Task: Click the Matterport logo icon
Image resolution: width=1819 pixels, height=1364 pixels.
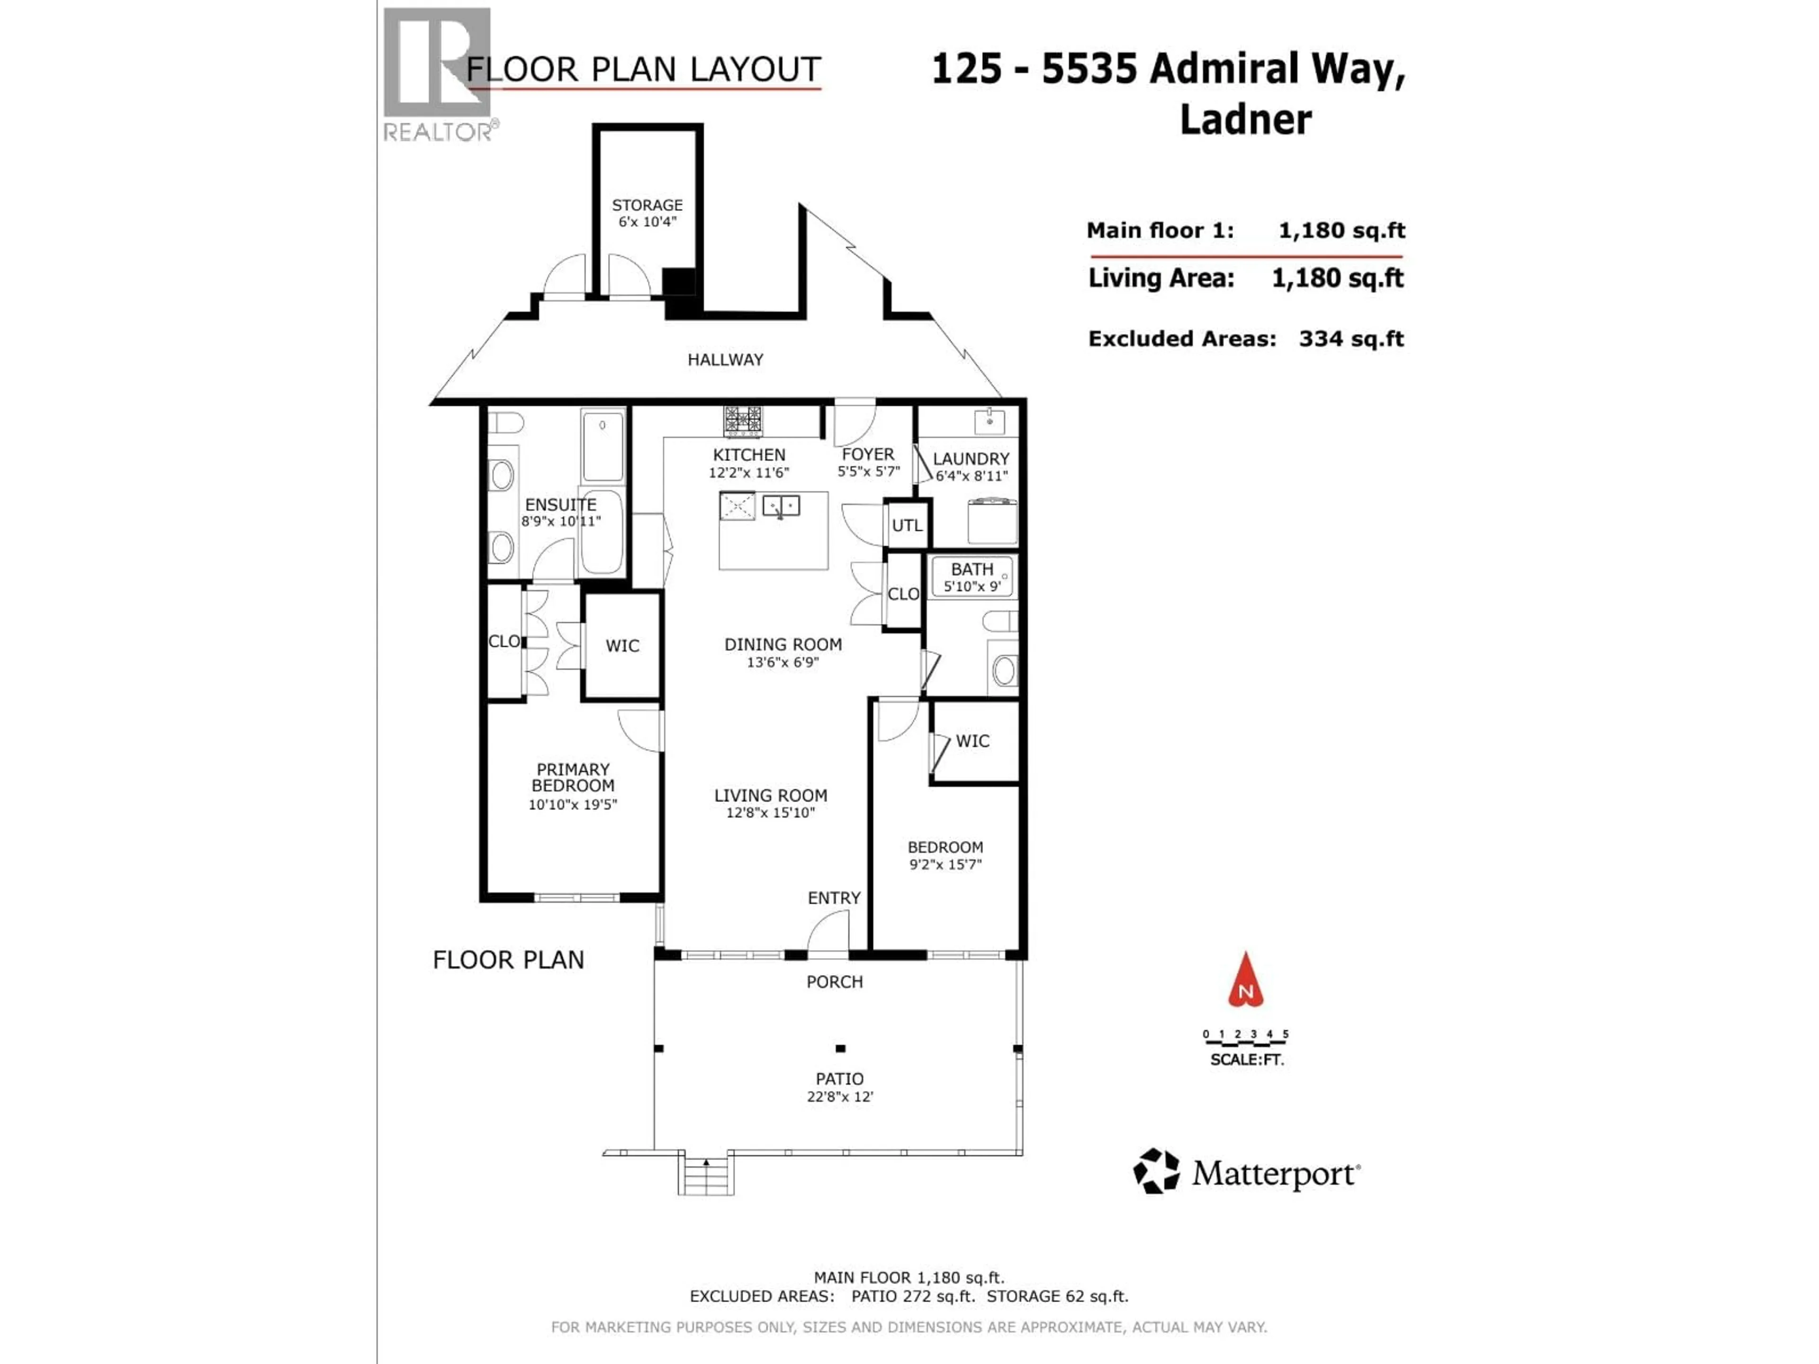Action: [x=1156, y=1171]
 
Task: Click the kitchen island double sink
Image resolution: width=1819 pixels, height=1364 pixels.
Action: [x=780, y=506]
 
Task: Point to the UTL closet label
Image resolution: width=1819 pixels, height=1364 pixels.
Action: [x=907, y=525]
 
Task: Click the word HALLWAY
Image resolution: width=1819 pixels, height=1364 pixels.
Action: [x=725, y=359]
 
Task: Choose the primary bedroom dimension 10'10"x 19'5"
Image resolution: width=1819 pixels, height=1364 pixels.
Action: [x=572, y=804]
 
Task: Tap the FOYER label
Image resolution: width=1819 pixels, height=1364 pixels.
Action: [x=867, y=454]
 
